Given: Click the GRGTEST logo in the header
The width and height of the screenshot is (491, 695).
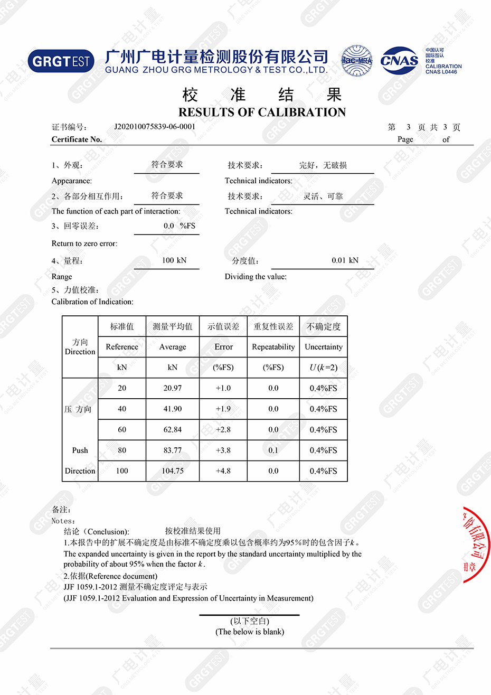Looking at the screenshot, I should click(x=61, y=61).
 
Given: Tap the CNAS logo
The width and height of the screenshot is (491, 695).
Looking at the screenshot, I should click(x=399, y=61).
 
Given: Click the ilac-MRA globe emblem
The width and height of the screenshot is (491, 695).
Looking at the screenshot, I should click(x=356, y=61).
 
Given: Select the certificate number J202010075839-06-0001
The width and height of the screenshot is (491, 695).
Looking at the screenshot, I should click(x=155, y=127).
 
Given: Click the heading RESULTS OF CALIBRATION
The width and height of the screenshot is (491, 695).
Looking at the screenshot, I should click(x=262, y=112).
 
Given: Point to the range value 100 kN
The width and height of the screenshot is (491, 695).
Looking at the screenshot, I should click(x=174, y=260).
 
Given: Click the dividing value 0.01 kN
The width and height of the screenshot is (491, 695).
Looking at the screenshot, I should click(x=345, y=260).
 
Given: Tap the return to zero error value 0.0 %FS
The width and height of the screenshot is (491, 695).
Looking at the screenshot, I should click(x=179, y=226).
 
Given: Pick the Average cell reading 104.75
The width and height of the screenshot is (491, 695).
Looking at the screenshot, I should click(x=173, y=471).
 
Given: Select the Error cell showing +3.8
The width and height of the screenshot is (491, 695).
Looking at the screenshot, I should click(x=223, y=450).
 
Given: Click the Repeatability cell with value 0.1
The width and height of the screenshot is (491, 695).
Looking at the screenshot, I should click(x=273, y=450).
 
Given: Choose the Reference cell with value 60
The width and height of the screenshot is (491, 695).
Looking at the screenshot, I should click(x=122, y=430).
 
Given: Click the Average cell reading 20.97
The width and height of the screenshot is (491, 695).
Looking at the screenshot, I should click(x=173, y=388).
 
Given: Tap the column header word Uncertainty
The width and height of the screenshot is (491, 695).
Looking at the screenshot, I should click(x=324, y=347).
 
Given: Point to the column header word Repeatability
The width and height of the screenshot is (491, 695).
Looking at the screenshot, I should click(x=273, y=347).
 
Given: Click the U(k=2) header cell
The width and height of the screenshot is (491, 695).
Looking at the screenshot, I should click(x=324, y=368).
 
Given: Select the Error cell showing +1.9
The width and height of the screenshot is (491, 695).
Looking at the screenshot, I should click(x=223, y=409).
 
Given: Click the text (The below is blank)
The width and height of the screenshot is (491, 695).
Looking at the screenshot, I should click(x=250, y=632).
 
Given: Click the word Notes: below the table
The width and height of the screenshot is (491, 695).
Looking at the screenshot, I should click(x=63, y=521).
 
